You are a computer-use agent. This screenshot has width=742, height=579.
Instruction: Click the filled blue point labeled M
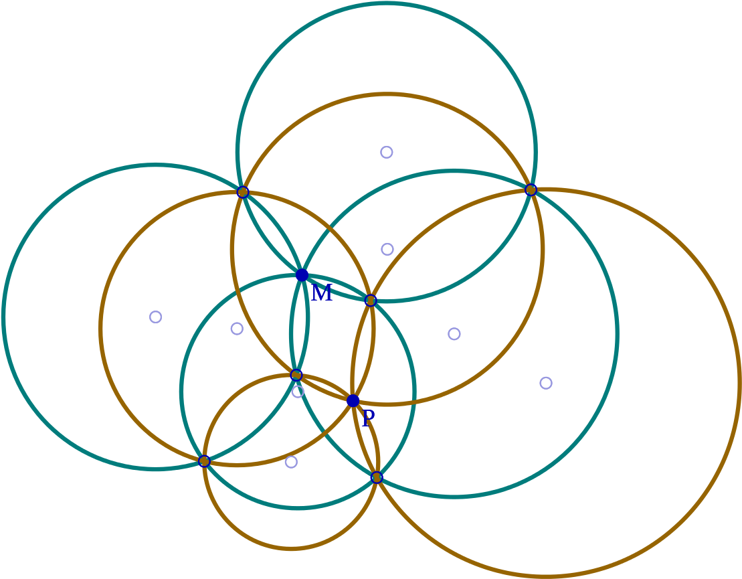(x=302, y=275)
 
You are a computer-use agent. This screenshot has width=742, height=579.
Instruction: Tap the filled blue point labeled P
(x=353, y=401)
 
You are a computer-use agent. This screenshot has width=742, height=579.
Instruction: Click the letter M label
(x=322, y=293)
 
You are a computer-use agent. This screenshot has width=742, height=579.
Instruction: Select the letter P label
(x=368, y=418)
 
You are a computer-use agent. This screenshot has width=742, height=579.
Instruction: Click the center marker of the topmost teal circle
(x=387, y=152)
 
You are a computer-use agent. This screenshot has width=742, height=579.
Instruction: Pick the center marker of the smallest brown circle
(x=292, y=462)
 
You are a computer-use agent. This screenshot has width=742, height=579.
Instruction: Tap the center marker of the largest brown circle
(x=546, y=383)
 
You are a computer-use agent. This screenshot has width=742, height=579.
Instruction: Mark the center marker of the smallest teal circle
(x=298, y=392)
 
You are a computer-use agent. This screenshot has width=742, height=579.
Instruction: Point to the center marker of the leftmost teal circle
(x=156, y=317)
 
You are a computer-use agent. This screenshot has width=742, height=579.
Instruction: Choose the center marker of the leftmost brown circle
(x=237, y=329)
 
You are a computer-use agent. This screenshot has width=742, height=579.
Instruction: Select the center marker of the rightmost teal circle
(x=454, y=334)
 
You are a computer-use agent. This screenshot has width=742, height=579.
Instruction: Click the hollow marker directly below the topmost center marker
(x=387, y=249)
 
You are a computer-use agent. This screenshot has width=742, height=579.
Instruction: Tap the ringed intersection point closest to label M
(x=371, y=300)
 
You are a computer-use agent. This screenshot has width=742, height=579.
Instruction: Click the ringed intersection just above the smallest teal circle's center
(x=296, y=376)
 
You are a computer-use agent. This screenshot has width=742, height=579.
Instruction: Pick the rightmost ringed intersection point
(x=531, y=190)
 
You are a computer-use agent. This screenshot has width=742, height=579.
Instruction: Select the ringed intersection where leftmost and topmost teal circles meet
(x=243, y=192)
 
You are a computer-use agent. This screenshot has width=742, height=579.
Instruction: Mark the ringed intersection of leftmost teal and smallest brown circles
(x=205, y=461)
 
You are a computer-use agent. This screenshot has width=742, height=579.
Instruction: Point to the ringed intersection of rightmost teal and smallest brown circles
(x=377, y=477)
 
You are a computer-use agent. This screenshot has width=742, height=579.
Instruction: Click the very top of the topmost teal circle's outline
(x=387, y=3)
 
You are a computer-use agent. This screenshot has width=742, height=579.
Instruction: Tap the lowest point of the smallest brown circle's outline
(x=292, y=549)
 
